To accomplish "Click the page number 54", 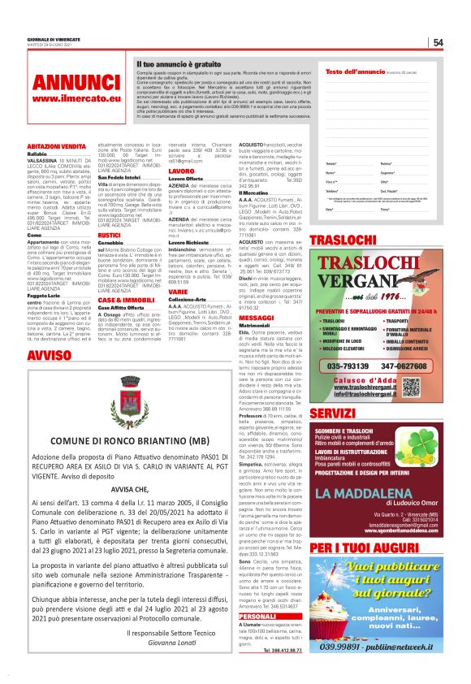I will click(x=438, y=42).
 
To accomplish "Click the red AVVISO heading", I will click(x=48, y=356).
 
